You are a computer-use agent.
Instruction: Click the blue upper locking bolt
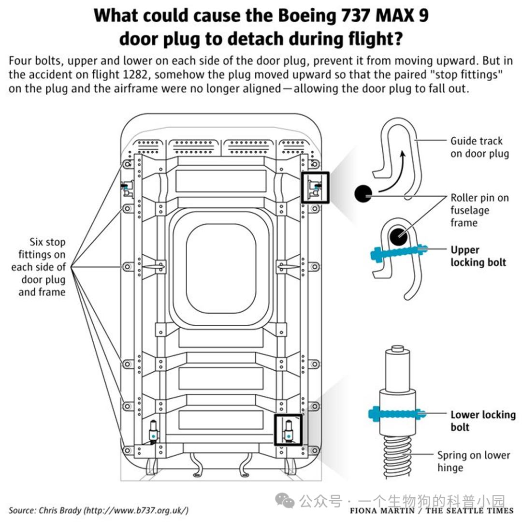[399, 253]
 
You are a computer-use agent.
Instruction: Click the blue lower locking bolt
[397, 414]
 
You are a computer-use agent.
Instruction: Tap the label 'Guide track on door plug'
[480, 147]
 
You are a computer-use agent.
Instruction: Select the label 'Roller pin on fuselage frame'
[480, 210]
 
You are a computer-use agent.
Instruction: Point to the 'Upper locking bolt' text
[478, 256]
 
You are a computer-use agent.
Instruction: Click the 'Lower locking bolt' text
[483, 421]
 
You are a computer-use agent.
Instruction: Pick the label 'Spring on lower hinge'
[474, 461]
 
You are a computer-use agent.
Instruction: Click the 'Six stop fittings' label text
[38, 267]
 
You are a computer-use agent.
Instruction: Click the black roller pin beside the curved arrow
[363, 193]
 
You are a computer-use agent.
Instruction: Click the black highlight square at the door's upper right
[315, 188]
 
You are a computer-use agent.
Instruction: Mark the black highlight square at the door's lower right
[288, 430]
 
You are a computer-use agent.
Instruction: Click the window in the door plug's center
[221, 269]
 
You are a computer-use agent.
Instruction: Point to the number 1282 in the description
[134, 74]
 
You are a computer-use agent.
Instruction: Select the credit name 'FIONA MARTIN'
[382, 511]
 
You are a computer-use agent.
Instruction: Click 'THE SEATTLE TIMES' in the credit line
[470, 511]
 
